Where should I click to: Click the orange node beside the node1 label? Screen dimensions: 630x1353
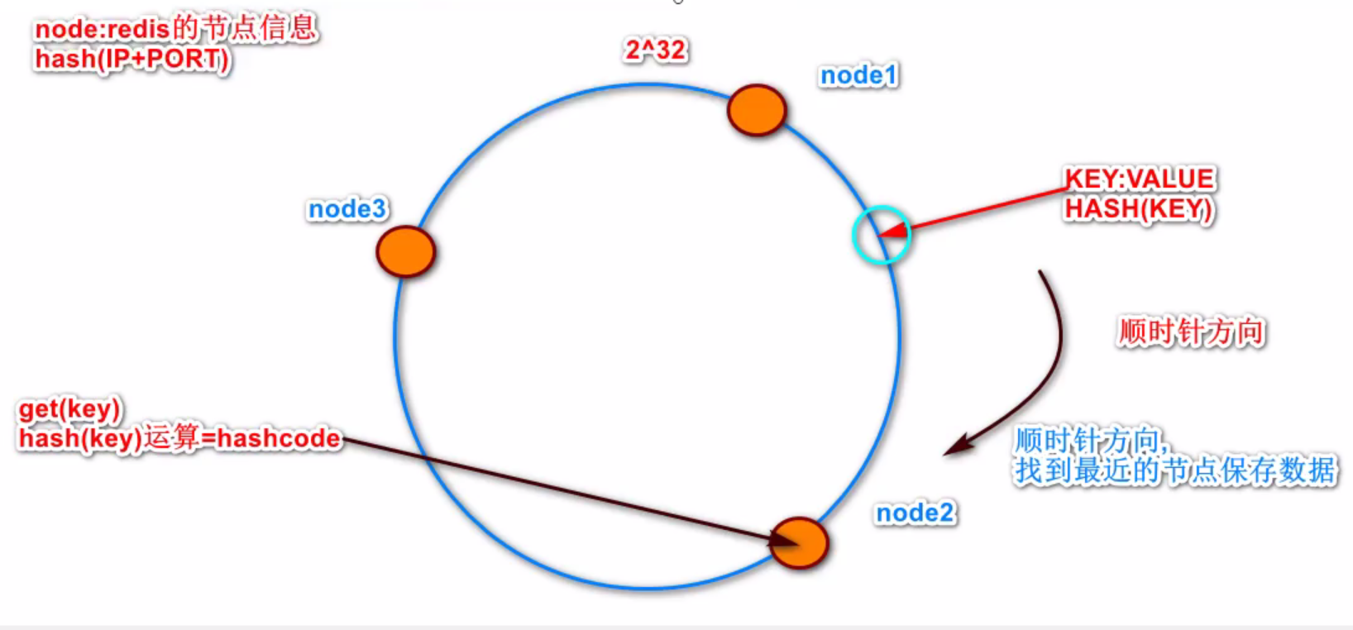click(756, 110)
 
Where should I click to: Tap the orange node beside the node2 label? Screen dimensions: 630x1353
click(799, 543)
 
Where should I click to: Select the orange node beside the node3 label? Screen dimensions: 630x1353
click(405, 251)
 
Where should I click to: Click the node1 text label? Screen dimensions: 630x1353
click(858, 75)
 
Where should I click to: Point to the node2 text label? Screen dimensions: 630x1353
click(915, 513)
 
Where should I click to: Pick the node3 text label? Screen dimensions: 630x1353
click(347, 209)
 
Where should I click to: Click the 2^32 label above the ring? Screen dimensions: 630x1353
click(655, 50)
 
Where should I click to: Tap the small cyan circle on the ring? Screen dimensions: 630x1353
click(882, 235)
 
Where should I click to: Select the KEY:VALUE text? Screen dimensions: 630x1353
click(1139, 179)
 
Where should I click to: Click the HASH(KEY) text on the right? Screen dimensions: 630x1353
click(1139, 209)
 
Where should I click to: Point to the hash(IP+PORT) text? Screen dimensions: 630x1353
click(131, 60)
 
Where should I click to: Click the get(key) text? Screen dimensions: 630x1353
click(69, 408)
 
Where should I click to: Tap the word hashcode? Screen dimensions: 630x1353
click(279, 438)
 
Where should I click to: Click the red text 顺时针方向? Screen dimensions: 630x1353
click(1191, 332)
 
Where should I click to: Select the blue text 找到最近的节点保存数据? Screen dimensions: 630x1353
click(1175, 470)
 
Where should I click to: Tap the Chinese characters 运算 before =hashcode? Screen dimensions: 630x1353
click(171, 437)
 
